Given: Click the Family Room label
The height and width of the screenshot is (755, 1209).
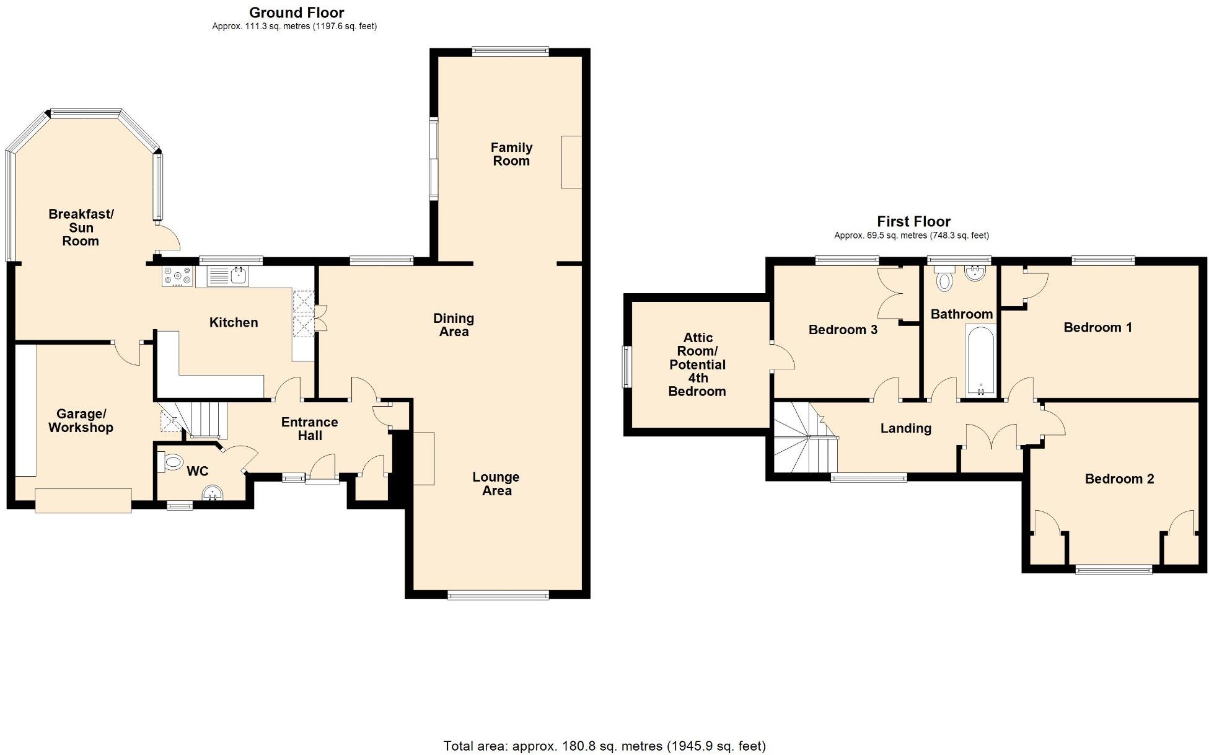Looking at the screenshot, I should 511,154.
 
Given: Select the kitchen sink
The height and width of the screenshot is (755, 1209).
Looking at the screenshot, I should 227,276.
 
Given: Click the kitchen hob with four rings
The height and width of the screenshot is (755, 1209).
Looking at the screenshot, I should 178,276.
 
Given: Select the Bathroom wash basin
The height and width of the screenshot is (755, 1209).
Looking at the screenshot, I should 975,273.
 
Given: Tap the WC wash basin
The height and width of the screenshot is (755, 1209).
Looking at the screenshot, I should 213,493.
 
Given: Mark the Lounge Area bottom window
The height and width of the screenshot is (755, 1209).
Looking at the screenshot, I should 498,595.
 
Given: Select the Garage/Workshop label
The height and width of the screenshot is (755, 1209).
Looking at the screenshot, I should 81,420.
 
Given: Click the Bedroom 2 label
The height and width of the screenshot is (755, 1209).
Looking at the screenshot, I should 1119,479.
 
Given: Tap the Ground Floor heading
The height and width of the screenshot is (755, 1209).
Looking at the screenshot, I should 296,12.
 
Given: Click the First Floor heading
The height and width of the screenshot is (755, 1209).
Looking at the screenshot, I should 913,221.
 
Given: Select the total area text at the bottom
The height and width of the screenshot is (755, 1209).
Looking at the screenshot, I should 604,746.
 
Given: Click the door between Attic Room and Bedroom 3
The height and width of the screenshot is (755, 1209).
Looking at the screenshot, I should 782,356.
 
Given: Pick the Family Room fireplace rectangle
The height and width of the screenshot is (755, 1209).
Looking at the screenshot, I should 571,162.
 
